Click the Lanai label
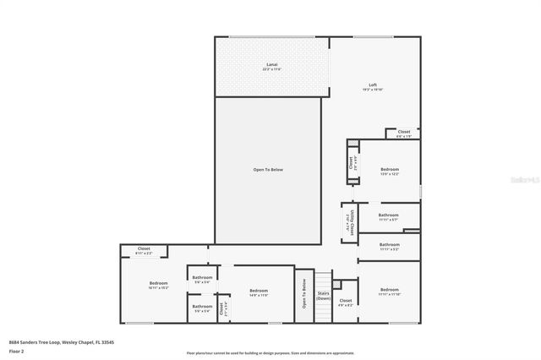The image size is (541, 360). (271, 66)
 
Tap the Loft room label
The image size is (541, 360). (372, 86)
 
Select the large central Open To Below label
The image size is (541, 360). (268, 170)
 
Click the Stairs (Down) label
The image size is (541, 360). (324, 296)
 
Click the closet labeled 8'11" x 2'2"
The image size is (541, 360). (143, 250)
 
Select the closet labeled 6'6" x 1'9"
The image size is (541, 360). (404, 133)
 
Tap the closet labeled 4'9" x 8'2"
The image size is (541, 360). (345, 302)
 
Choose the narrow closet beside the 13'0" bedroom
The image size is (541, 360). (351, 164)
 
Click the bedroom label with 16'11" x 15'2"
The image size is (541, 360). (159, 285)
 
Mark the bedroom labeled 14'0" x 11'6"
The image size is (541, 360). (258, 292)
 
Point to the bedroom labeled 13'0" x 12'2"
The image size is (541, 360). (389, 172)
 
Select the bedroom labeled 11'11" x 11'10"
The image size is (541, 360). (389, 292)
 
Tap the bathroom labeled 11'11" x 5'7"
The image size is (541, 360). (389, 217)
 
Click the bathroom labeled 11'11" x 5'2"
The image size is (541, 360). (389, 247)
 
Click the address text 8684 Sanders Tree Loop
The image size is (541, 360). (61, 342)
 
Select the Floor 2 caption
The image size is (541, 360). (17, 351)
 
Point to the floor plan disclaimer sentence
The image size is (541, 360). (270, 353)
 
